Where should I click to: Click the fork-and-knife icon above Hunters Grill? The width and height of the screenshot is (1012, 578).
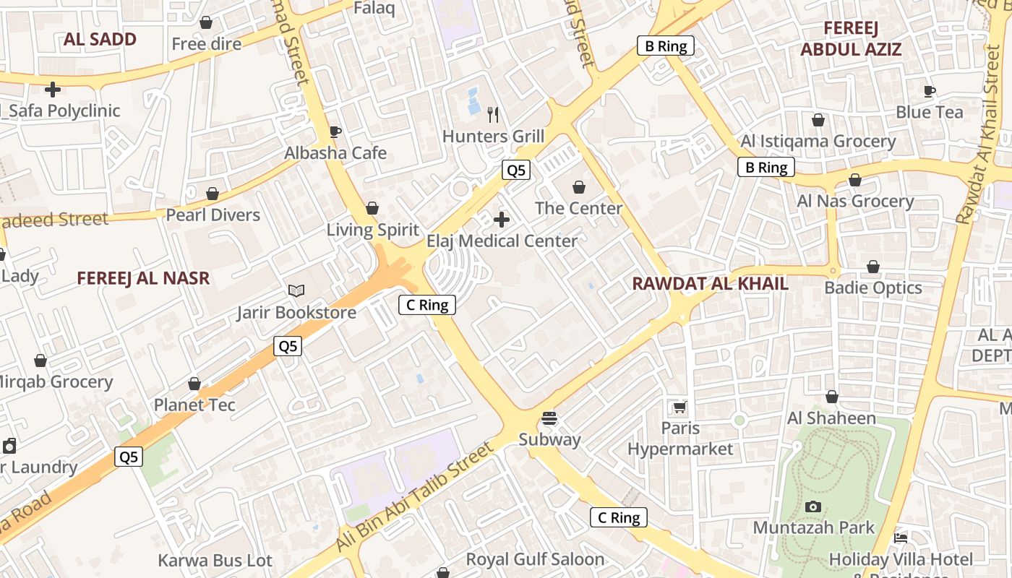[493, 114]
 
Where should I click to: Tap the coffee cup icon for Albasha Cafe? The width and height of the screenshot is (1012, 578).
[335, 131]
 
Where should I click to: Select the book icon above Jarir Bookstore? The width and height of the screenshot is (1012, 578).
[296, 290]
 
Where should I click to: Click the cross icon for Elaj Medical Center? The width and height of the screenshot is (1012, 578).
[501, 219]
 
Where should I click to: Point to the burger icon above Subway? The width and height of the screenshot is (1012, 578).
[549, 418]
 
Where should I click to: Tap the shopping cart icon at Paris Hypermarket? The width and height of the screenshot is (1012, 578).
[679, 407]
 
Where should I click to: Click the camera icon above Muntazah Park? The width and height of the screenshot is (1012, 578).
[813, 506]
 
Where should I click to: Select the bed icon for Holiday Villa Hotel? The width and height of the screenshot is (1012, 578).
[900, 538]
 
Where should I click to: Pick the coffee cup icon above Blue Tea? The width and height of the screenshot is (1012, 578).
[930, 91]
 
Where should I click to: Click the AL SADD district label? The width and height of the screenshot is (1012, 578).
[100, 40]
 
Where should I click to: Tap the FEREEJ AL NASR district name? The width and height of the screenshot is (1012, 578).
[143, 278]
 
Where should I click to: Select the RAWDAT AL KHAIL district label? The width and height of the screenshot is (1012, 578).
[710, 283]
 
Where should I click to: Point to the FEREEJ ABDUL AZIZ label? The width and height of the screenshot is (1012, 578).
[851, 39]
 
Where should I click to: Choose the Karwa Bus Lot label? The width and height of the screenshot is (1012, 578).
[215, 561]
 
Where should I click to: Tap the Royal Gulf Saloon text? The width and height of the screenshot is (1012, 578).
[535, 559]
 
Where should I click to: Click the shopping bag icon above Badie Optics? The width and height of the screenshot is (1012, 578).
[873, 267]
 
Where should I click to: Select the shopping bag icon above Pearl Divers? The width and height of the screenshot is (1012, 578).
[213, 194]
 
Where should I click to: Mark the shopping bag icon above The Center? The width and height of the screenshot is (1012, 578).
[578, 188]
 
